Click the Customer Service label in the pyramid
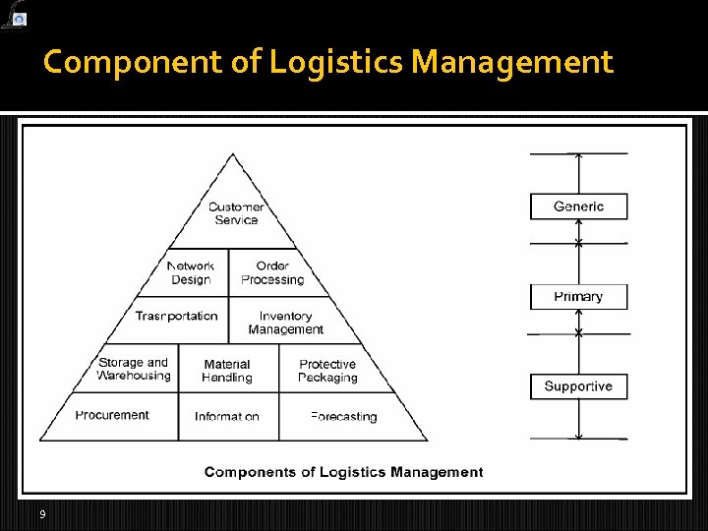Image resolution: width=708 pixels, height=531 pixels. (x=236, y=213)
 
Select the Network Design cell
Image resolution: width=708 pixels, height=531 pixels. (x=191, y=272)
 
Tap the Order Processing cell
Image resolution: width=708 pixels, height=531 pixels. (x=272, y=272)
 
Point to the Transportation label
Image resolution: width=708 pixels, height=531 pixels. (x=177, y=316)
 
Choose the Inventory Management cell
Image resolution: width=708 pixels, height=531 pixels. (x=285, y=323)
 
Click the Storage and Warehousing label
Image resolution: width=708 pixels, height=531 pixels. (x=134, y=369)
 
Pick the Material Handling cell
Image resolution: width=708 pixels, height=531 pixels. (x=227, y=371)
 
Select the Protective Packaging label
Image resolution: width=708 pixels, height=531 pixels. (x=327, y=371)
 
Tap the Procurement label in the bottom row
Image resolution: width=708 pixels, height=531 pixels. (x=112, y=415)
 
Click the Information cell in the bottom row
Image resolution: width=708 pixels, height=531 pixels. (x=227, y=417)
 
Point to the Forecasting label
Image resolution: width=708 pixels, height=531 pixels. (x=343, y=417)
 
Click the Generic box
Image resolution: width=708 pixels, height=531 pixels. (x=578, y=206)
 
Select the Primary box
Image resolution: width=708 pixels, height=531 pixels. (x=578, y=297)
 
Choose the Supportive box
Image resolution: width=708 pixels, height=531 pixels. (x=578, y=386)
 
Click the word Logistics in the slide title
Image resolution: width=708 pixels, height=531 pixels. (x=337, y=63)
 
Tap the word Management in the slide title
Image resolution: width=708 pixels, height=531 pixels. (x=512, y=63)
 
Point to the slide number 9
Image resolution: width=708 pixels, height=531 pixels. (x=42, y=514)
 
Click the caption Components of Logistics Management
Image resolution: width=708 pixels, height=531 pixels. (x=343, y=472)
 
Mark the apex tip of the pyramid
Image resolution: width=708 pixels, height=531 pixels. (x=233, y=153)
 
